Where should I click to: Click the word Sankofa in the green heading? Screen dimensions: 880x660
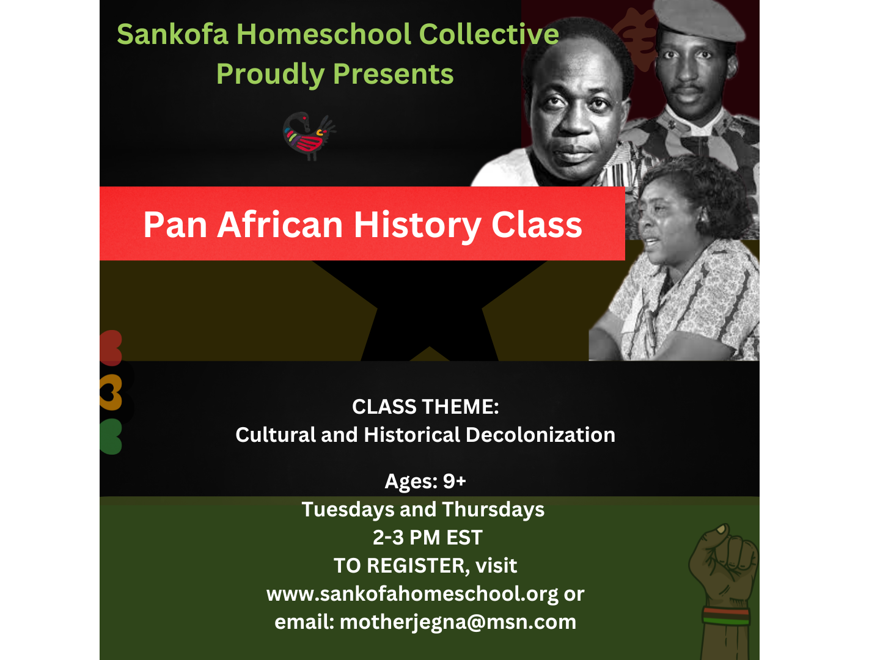[x=173, y=34]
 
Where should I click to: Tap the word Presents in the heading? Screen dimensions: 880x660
[x=394, y=74]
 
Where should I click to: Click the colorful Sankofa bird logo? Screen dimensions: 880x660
[x=309, y=136]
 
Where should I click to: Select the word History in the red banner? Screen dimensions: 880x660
[x=417, y=226]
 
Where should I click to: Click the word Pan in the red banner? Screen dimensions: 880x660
[x=175, y=225]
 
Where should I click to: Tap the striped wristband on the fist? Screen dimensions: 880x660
[x=726, y=617]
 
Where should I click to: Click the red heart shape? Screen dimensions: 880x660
[x=111, y=348]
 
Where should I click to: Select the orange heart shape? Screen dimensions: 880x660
[x=111, y=392]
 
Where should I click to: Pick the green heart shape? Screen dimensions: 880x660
[x=111, y=436]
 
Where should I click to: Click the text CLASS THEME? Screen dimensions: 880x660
[x=425, y=407]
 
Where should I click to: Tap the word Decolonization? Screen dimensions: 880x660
[x=540, y=435]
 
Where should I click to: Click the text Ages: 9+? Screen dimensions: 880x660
[x=425, y=481]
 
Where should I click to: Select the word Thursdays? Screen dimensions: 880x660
[x=494, y=509]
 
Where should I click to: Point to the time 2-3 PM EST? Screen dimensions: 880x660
[x=427, y=537]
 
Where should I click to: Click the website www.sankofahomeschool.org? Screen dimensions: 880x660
[x=412, y=594]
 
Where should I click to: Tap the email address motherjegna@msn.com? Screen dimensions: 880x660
[x=458, y=622]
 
